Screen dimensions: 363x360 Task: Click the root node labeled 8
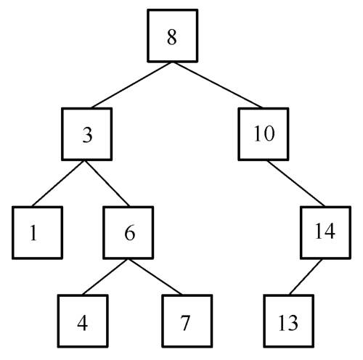pyautogui.click(x=173, y=36)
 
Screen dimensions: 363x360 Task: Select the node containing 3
pyautogui.click(x=87, y=134)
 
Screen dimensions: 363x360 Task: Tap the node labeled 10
pyautogui.click(x=264, y=134)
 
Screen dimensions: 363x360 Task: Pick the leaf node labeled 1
pyautogui.click(x=38, y=232)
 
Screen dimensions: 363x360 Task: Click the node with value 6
pyautogui.click(x=129, y=232)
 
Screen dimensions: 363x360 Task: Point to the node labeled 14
pyautogui.click(x=326, y=232)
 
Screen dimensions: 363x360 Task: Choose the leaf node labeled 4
pyautogui.click(x=83, y=321)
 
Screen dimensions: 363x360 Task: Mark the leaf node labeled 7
pyautogui.click(x=187, y=321)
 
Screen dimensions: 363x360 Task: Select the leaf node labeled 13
pyautogui.click(x=289, y=321)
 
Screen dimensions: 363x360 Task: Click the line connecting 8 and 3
pyautogui.click(x=131, y=85)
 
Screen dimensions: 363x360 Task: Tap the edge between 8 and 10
pyautogui.click(x=218, y=85)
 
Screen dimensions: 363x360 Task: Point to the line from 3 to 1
pyautogui.click(x=58, y=184)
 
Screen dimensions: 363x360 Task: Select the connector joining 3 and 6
pyautogui.click(x=107, y=184)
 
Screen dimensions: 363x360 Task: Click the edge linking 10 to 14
pyautogui.click(x=296, y=184)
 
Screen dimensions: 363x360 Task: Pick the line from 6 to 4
pyautogui.click(x=105, y=277)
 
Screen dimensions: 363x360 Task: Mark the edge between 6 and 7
pyautogui.click(x=155, y=277)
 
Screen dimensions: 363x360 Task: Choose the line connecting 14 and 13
pyautogui.click(x=306, y=277)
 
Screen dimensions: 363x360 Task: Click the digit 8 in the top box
pyautogui.click(x=172, y=37)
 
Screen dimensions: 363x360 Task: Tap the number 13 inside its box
pyautogui.click(x=288, y=323)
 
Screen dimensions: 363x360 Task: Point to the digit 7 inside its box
pyautogui.click(x=185, y=323)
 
